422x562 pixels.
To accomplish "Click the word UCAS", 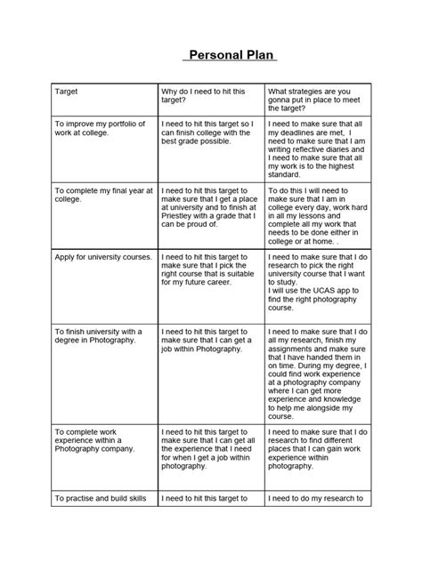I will tap(314, 292).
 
